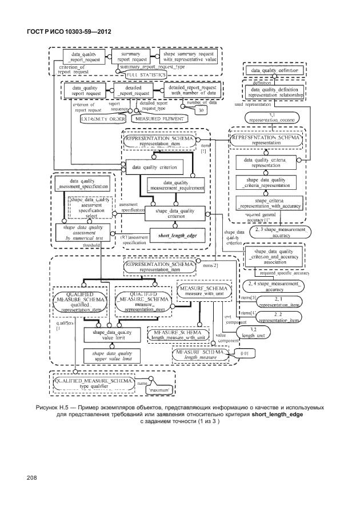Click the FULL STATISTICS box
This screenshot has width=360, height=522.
(146, 75)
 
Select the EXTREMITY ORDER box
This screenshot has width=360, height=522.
(102, 118)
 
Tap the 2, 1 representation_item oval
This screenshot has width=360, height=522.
(278, 301)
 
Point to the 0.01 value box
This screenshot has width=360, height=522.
(243, 356)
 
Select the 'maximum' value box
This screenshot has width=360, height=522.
(159, 391)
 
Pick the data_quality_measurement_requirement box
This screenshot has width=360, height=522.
(175, 184)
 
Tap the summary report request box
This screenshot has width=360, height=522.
(131, 56)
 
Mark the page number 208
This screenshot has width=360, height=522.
(30, 477)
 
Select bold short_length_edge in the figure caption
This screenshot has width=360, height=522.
(278, 416)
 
